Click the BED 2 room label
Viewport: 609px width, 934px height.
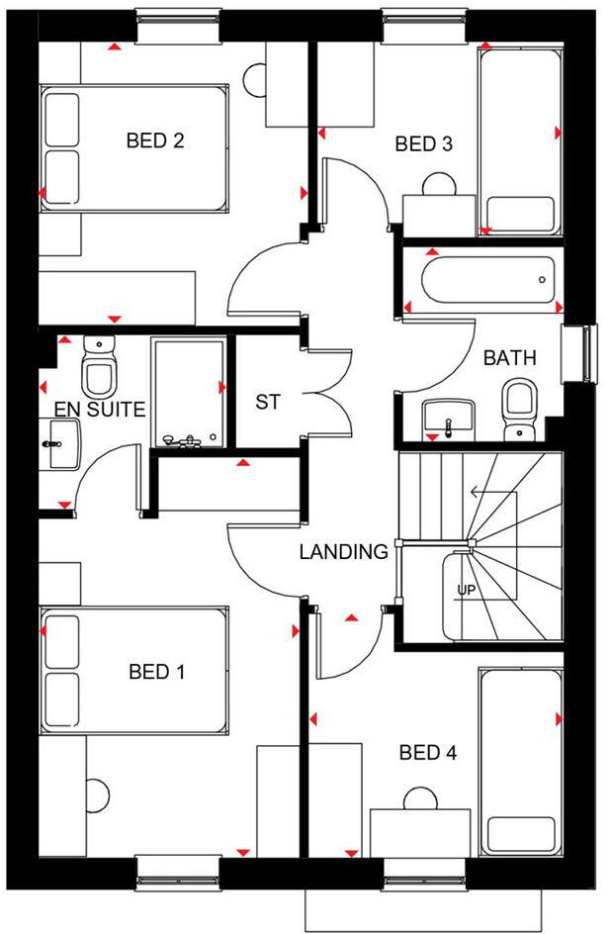(x=155, y=140)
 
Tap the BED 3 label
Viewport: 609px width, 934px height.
(x=423, y=144)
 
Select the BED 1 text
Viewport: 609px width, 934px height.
(x=157, y=673)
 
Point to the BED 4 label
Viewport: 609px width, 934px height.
(x=428, y=753)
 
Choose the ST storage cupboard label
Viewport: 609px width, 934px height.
(x=268, y=403)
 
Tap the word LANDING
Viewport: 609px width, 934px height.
(x=343, y=552)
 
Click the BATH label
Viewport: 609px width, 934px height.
(x=509, y=358)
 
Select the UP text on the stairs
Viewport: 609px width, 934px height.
(x=467, y=591)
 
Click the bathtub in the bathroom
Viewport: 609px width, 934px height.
(x=488, y=280)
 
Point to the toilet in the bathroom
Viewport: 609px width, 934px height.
(x=519, y=409)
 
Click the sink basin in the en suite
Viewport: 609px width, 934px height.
(x=61, y=444)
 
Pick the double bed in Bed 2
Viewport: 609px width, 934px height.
(x=133, y=147)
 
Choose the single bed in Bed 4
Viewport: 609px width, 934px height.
(x=518, y=763)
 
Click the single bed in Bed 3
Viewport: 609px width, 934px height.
(x=518, y=138)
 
